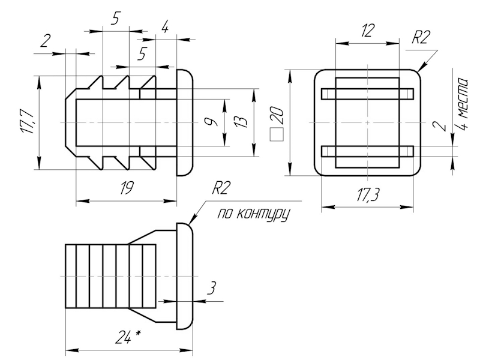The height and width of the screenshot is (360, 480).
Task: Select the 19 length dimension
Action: point(126,188)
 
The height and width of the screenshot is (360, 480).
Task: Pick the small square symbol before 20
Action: point(277,136)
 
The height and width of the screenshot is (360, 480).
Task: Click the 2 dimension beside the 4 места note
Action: point(442,125)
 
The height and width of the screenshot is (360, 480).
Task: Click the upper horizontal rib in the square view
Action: point(367,93)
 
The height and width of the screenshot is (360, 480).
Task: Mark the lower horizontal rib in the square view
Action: point(367,151)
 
